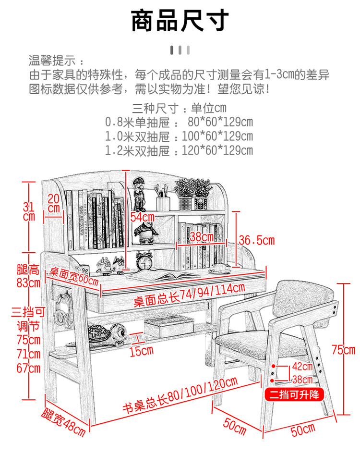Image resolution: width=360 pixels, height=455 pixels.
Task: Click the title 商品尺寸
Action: point(180,21)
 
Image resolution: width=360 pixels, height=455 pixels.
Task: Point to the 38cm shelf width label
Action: point(201,237)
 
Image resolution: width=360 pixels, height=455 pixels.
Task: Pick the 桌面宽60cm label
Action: point(72,276)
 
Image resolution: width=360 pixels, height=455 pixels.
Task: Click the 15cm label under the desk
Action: point(141,351)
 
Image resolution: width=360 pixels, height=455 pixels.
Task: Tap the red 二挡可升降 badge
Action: point(294,395)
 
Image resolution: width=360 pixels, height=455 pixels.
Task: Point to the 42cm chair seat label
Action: point(303,369)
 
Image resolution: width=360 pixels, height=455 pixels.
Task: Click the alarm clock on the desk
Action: point(144,261)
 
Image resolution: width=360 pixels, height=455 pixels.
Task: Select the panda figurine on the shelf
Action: point(143,232)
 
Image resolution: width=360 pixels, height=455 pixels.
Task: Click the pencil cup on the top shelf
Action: point(163,202)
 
